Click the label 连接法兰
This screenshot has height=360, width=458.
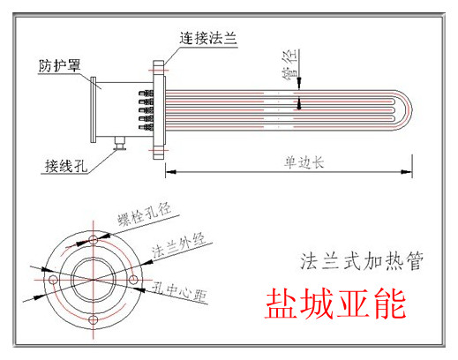208,38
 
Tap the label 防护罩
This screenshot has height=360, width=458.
59,65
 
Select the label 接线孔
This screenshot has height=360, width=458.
66,166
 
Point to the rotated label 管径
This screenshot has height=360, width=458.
290,64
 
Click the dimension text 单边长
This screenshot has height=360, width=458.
304,162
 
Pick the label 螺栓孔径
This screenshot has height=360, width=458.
144,214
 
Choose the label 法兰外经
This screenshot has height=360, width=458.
179,245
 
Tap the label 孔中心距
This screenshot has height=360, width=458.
180,293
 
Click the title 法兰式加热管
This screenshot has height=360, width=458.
362,261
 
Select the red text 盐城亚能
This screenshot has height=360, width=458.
335,304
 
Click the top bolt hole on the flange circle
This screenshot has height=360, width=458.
94,239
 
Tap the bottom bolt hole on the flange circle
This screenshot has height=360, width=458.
94,319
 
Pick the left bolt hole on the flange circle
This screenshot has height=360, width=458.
53,280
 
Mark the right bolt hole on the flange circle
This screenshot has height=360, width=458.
133,280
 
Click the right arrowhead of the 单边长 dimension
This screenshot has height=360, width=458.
407,172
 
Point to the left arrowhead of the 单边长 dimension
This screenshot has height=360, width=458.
171,171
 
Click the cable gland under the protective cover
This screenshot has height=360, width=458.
120,143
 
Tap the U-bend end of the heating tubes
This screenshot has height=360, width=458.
403,110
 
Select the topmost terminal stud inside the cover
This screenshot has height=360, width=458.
146,94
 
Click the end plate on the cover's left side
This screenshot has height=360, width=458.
94,109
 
